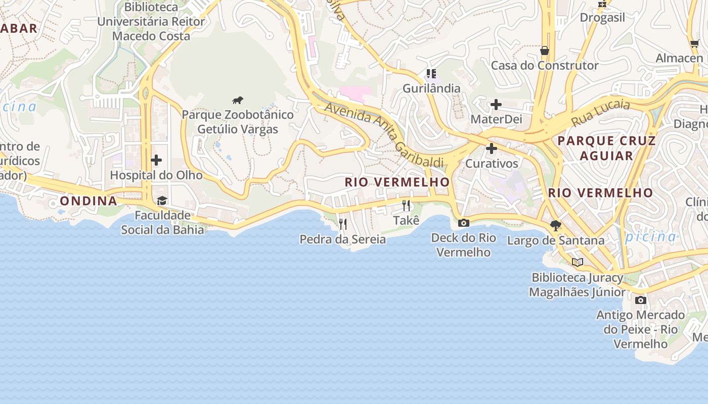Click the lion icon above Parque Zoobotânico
click(238, 100)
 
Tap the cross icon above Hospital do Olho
click(156, 160)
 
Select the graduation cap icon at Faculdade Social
click(162, 201)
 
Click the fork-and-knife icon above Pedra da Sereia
click(343, 224)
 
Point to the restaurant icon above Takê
click(406, 206)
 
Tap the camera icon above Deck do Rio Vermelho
click(463, 223)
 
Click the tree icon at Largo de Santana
click(556, 226)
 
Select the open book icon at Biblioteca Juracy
click(578, 262)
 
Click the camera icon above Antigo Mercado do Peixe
click(640, 300)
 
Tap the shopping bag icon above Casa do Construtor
click(545, 50)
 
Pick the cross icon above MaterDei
click(496, 105)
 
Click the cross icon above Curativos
click(491, 149)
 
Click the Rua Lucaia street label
click(600, 113)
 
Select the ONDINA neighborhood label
click(88, 201)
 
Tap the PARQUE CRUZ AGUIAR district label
click(606, 148)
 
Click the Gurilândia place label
click(431, 88)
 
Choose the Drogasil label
click(602, 18)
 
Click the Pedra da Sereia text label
click(343, 239)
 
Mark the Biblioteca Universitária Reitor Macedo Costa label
click(151, 22)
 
